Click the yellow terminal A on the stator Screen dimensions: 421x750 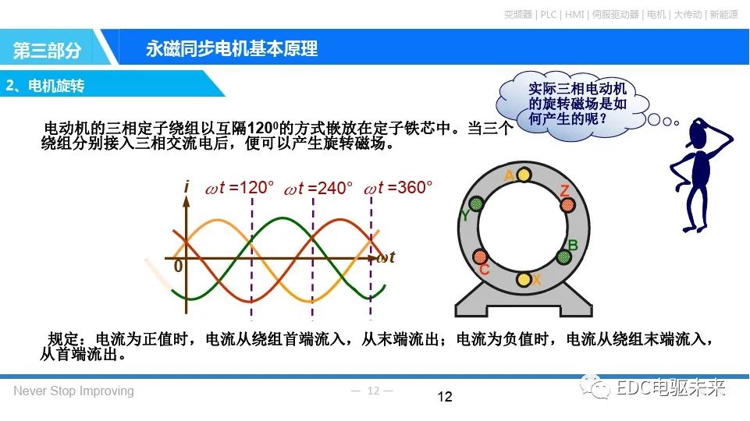tap(524, 174)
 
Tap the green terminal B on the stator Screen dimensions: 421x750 tap(564, 256)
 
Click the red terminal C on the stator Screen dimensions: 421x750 tap(480, 257)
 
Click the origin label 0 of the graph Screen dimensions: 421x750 tap(178, 266)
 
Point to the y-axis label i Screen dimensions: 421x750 tap(187, 187)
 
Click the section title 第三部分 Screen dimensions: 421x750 tap(47, 50)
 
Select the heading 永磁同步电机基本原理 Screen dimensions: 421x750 tap(232, 48)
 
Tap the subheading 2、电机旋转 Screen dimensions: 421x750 tap(45, 85)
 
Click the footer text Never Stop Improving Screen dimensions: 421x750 tap(73, 391)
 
